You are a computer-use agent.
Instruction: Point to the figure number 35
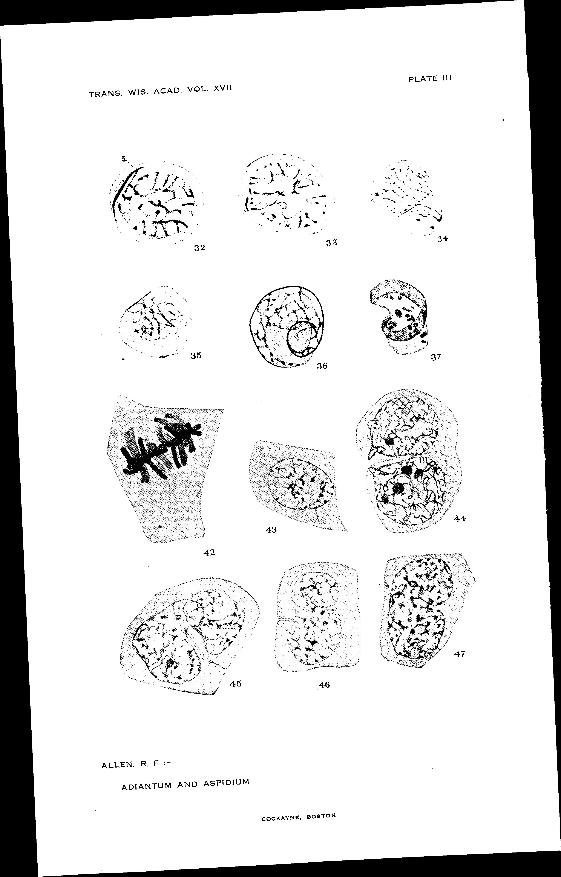(196, 356)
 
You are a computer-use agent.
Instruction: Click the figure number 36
(322, 366)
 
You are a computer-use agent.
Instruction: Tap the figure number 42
(209, 552)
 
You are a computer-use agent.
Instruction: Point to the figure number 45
(236, 683)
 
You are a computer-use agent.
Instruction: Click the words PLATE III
(430, 78)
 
